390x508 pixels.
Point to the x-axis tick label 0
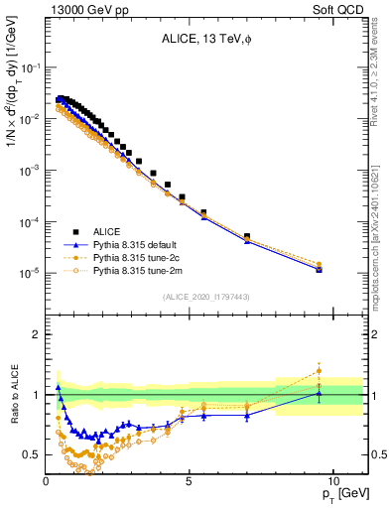pyautogui.click(x=47, y=479)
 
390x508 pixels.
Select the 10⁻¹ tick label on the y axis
pyautogui.click(x=29, y=67)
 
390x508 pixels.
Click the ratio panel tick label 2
pyautogui.click(x=37, y=334)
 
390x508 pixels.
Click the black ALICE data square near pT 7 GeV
pyautogui.click(x=247, y=237)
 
